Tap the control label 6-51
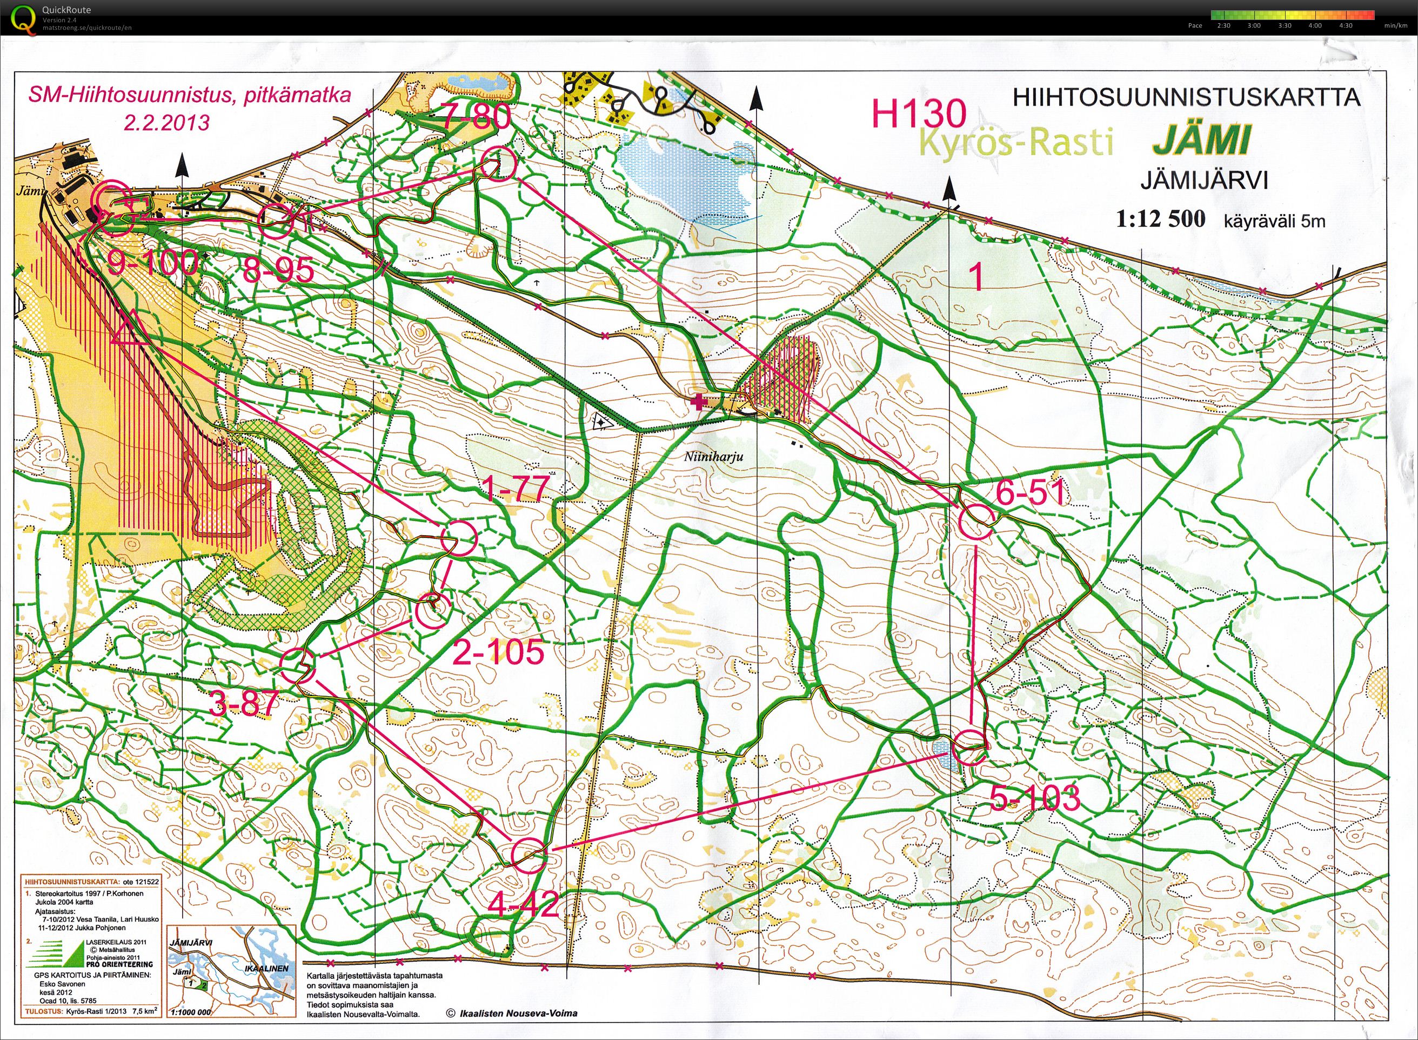click(x=1031, y=492)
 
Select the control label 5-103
click(x=1035, y=798)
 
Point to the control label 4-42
click(x=524, y=905)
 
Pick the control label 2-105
click(x=498, y=652)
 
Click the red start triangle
click(x=130, y=330)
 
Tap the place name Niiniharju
click(x=714, y=456)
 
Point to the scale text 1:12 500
click(x=1160, y=219)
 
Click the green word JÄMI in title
click(x=1200, y=141)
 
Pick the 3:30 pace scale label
click(x=1285, y=26)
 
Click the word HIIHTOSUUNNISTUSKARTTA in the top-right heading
click(x=1186, y=98)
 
